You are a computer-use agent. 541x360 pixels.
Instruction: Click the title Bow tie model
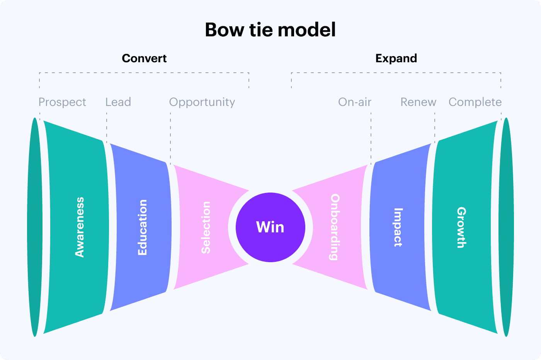[270, 30]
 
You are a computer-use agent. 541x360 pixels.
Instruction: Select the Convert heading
[144, 58]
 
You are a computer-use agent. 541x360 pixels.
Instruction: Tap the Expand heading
[396, 58]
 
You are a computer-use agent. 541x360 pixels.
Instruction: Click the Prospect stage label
[62, 102]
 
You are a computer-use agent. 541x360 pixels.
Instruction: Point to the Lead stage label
[118, 102]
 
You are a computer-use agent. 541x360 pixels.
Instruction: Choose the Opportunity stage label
[202, 102]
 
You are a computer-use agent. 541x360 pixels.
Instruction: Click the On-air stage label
[354, 102]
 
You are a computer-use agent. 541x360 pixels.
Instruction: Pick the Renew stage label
[418, 102]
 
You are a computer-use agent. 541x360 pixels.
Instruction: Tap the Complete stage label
[475, 102]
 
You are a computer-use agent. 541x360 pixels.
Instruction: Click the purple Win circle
[270, 227]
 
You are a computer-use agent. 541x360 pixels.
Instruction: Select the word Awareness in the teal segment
[80, 227]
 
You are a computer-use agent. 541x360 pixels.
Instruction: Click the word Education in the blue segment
[143, 227]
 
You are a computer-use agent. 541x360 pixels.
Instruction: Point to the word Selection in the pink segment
[206, 227]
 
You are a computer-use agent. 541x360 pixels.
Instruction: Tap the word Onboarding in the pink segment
[335, 227]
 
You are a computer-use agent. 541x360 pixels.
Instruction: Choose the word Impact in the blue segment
[398, 227]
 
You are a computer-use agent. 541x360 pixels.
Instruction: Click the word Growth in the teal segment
[461, 227]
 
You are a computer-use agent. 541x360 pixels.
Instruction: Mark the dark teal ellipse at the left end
[35, 227]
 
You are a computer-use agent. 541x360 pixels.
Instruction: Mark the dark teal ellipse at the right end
[506, 227]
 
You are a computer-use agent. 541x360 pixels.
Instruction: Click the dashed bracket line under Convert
[144, 73]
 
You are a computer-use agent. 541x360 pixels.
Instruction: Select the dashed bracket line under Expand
[396, 73]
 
